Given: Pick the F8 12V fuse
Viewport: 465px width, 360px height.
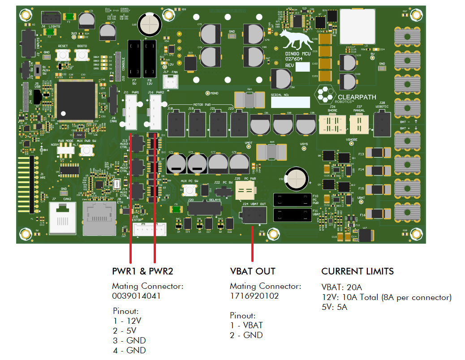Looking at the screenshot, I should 149,58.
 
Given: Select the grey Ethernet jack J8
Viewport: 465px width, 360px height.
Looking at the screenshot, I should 100,218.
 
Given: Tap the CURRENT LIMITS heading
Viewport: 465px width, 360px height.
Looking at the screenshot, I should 357,271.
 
